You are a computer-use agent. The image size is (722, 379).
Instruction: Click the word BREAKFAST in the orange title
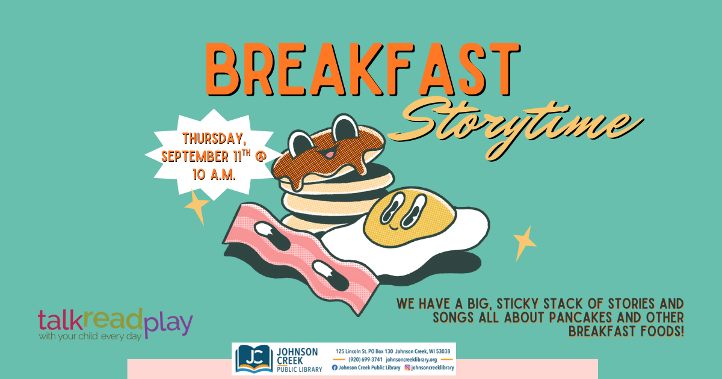pyautogui.click(x=363, y=69)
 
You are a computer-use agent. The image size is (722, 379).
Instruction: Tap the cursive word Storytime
pyautogui.click(x=515, y=129)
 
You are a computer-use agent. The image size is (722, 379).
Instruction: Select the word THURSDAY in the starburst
pyautogui.click(x=214, y=138)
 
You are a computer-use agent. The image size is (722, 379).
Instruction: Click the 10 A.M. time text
pyautogui.click(x=214, y=174)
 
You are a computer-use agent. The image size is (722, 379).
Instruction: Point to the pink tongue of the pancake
pyautogui.click(x=330, y=155)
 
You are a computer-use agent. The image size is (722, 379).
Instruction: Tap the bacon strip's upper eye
pyautogui.click(x=272, y=236)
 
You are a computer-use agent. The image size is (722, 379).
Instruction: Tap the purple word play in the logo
pyautogui.click(x=168, y=325)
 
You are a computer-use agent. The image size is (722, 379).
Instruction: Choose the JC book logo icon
pyautogui.click(x=254, y=359)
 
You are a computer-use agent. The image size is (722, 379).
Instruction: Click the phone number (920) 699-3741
pyautogui.click(x=365, y=359)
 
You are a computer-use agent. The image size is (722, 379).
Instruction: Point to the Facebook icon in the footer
pyautogui.click(x=335, y=368)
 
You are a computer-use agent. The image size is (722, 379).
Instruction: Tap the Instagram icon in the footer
pyautogui.click(x=407, y=368)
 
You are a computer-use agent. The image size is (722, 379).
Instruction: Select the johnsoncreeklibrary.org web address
pyautogui.click(x=412, y=359)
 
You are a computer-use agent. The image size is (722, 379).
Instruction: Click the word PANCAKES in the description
pyautogui.click(x=580, y=318)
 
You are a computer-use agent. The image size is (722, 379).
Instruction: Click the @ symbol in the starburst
pyautogui.click(x=261, y=156)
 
